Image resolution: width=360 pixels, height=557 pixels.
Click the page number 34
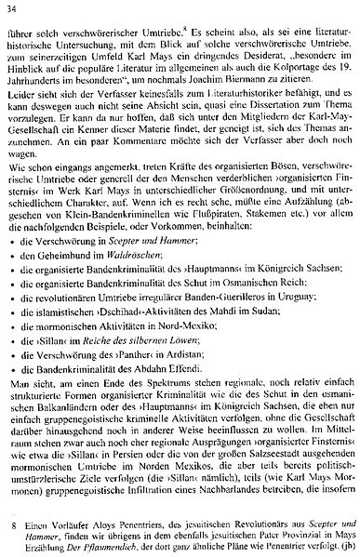[x=12, y=10]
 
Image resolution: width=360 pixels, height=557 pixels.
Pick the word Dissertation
[x=254, y=137]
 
